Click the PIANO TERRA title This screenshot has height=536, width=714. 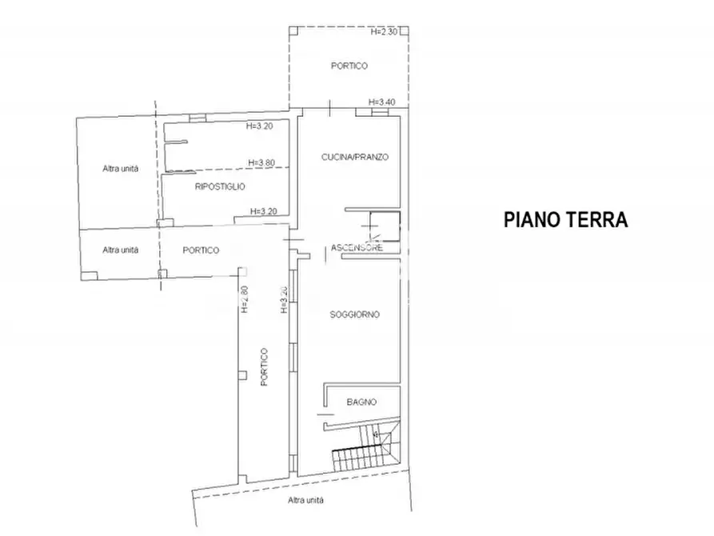point(565,219)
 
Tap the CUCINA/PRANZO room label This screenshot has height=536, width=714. point(355,158)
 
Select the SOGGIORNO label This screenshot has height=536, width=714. point(354,314)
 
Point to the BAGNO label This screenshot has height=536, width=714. point(361,402)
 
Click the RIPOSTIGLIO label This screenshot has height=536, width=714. point(220,186)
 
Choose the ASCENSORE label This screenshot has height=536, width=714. point(357,248)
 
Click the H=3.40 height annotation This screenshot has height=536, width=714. point(383,102)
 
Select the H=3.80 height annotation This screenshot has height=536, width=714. point(261,163)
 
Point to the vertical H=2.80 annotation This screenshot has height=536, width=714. point(245,298)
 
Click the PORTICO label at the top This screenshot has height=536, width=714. point(349,66)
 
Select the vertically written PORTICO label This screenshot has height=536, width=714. point(264,367)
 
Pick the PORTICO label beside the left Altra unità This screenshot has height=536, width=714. point(201,250)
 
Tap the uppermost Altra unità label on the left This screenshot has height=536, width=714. point(120,168)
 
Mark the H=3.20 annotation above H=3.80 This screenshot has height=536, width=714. point(261,126)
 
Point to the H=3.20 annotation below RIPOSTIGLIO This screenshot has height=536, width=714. point(263,211)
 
